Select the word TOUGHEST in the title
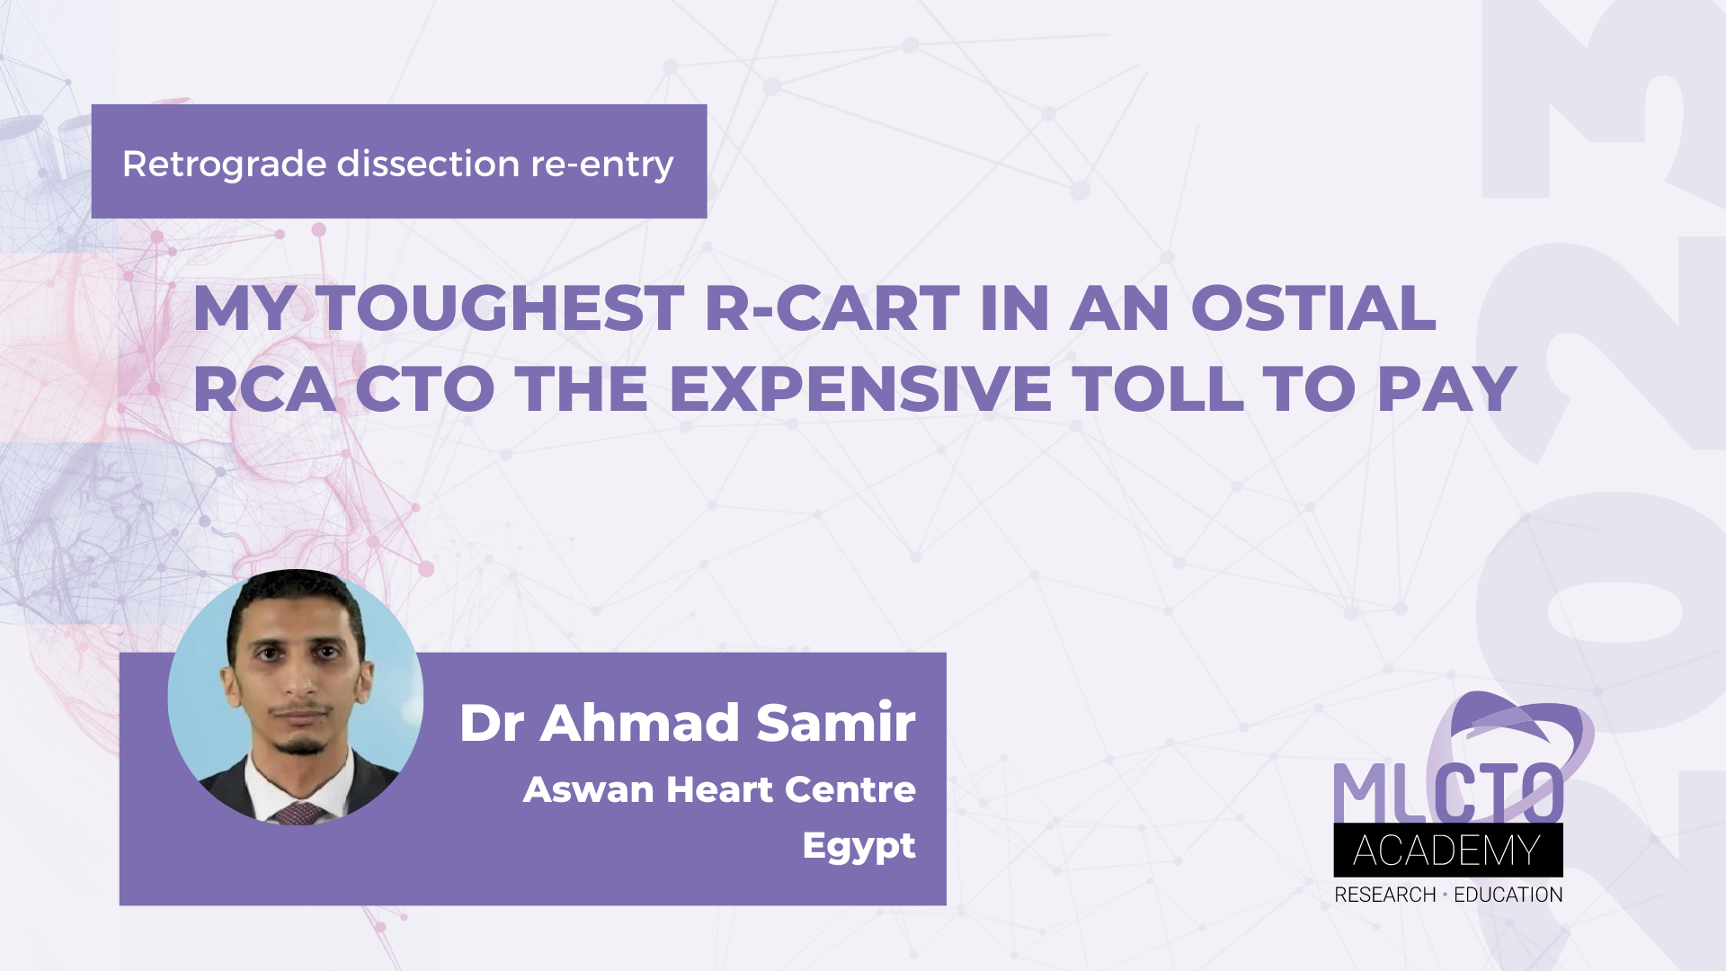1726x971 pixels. point(502,309)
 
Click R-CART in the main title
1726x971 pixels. point(832,309)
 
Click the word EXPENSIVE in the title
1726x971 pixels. point(859,390)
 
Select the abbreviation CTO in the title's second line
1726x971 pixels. point(425,390)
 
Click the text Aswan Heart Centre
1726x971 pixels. point(719,789)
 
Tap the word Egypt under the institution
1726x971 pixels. point(859,846)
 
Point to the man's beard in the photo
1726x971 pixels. point(299,744)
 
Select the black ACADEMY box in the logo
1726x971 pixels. point(1447,851)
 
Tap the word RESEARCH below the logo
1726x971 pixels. point(1384,895)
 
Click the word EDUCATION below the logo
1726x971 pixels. point(1508,895)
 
